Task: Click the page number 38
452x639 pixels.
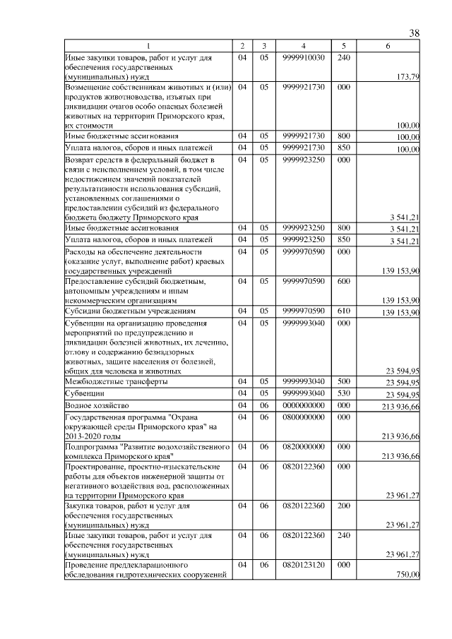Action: tap(415, 33)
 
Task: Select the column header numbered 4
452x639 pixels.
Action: tap(303, 46)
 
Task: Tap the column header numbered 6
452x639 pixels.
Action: tap(387, 46)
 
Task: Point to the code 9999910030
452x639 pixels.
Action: tap(303, 56)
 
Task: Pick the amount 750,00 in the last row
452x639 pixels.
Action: tap(408, 575)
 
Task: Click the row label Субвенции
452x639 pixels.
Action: tap(85, 393)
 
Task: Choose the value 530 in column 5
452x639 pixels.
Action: tap(344, 393)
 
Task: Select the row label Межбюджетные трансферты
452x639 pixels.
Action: tap(117, 381)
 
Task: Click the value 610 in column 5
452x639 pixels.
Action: tap(344, 311)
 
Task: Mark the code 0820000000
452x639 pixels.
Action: tap(303, 447)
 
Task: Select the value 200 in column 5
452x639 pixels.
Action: tap(344, 506)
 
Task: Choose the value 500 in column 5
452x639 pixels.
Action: tap(344, 381)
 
